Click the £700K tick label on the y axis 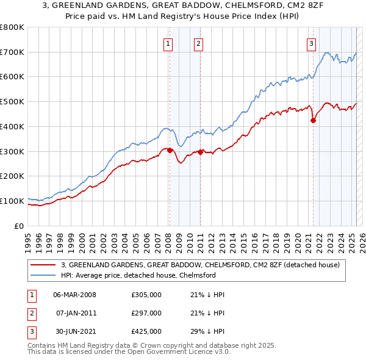(12, 52)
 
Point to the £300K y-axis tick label (12, 151)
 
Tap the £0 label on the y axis (20, 226)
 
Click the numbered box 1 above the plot (168, 43)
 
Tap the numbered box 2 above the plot (199, 43)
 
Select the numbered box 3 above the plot (311, 43)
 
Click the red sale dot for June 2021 (314, 120)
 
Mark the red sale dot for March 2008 (170, 150)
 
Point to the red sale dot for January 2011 (200, 152)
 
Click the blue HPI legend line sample (44, 275)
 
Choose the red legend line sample (44, 265)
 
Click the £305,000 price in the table (146, 295)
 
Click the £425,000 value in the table (146, 331)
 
